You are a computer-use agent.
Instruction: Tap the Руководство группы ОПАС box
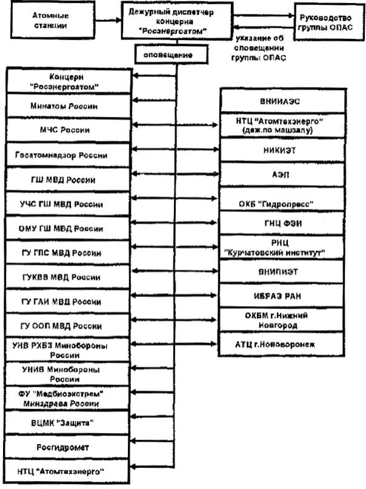[327, 19]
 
